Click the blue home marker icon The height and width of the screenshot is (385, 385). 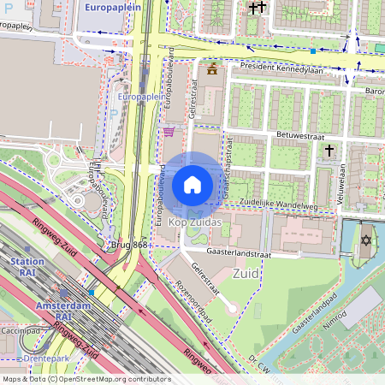tap(192, 185)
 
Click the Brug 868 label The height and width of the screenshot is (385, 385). tap(129, 246)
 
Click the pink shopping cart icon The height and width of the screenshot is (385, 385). tap(169, 132)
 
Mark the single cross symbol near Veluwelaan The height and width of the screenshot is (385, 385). tap(329, 151)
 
